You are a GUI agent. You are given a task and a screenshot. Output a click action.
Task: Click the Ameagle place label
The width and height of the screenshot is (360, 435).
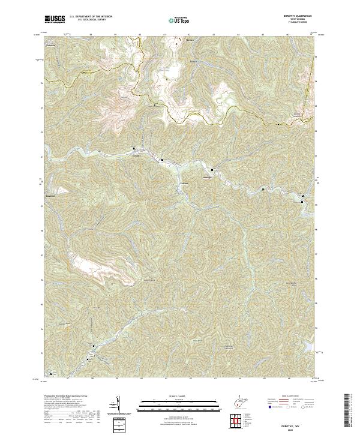[208, 178]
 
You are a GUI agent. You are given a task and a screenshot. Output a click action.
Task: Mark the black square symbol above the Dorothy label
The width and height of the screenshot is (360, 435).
[134, 149]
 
